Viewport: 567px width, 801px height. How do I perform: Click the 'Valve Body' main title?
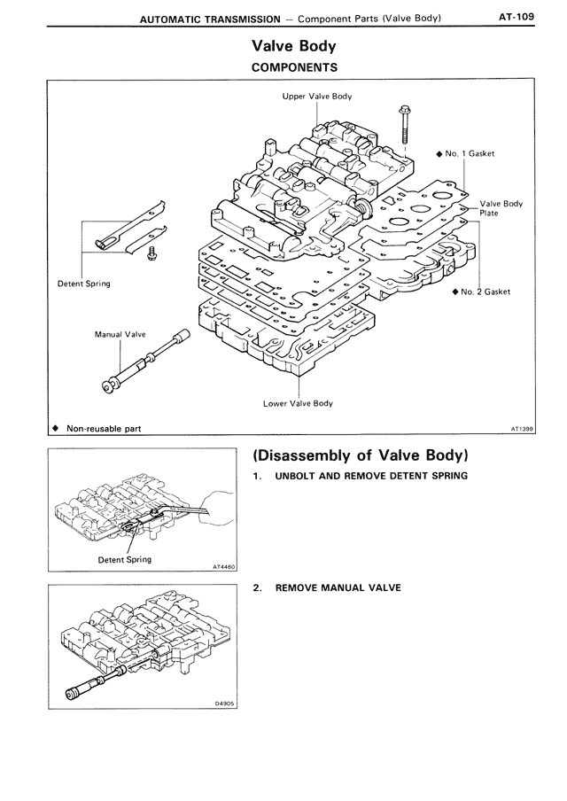(x=283, y=46)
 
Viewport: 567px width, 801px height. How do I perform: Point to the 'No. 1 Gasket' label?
(x=469, y=153)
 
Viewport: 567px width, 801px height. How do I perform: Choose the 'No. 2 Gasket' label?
(x=484, y=292)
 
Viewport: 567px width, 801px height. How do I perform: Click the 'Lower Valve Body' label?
(x=298, y=403)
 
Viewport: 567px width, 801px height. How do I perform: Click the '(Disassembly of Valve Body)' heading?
(x=360, y=456)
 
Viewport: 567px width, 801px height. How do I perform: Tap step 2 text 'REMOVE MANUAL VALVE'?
(x=338, y=587)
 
